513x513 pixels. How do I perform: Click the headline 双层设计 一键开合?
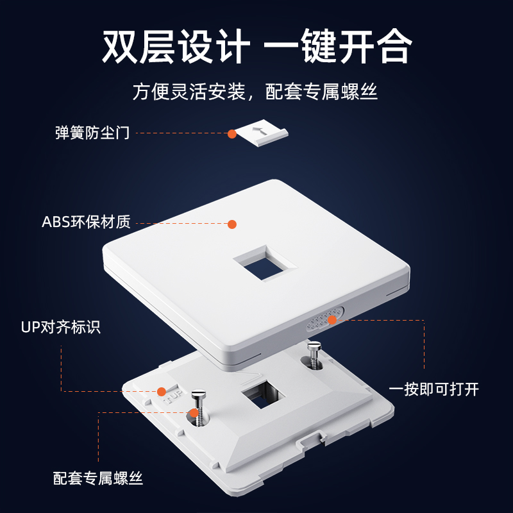tap(257, 46)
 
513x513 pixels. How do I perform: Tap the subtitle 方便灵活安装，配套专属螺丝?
tap(255, 92)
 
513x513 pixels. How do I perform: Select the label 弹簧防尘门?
tap(92, 133)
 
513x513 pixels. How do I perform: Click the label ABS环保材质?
tap(86, 222)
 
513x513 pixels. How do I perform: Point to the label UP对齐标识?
tap(60, 327)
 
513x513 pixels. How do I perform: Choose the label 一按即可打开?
tap(434, 389)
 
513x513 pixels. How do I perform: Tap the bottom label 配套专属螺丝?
tap(98, 478)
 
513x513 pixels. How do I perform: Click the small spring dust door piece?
tap(262, 133)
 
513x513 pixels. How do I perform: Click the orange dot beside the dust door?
tap(232, 134)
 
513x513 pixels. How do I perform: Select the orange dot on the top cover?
tap(232, 224)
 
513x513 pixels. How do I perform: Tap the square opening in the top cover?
tap(265, 264)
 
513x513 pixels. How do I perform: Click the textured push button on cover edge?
tap(325, 319)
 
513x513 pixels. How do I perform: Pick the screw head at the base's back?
tap(314, 345)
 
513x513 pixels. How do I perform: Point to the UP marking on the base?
tap(173, 396)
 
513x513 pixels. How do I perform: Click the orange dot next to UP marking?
tap(162, 392)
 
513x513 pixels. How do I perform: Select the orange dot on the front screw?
tap(194, 413)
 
